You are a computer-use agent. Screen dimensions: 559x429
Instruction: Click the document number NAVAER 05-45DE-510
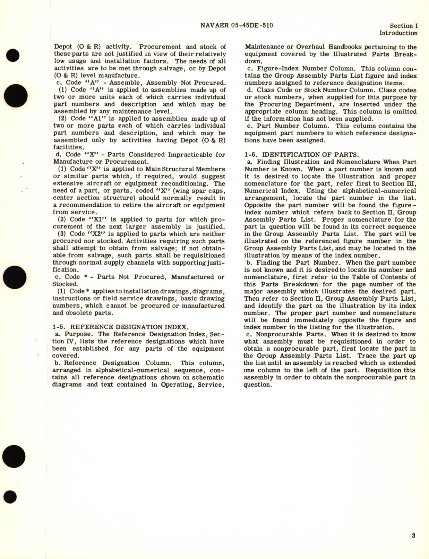tap(237, 25)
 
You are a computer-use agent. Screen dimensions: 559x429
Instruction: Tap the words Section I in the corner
tap(403, 26)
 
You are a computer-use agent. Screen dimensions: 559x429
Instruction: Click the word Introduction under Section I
tap(398, 33)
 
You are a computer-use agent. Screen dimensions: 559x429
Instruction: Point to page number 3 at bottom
tap(413, 536)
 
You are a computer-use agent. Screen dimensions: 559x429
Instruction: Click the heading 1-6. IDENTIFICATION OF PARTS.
tap(301, 155)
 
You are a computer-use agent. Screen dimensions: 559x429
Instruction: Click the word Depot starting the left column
tap(63, 47)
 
